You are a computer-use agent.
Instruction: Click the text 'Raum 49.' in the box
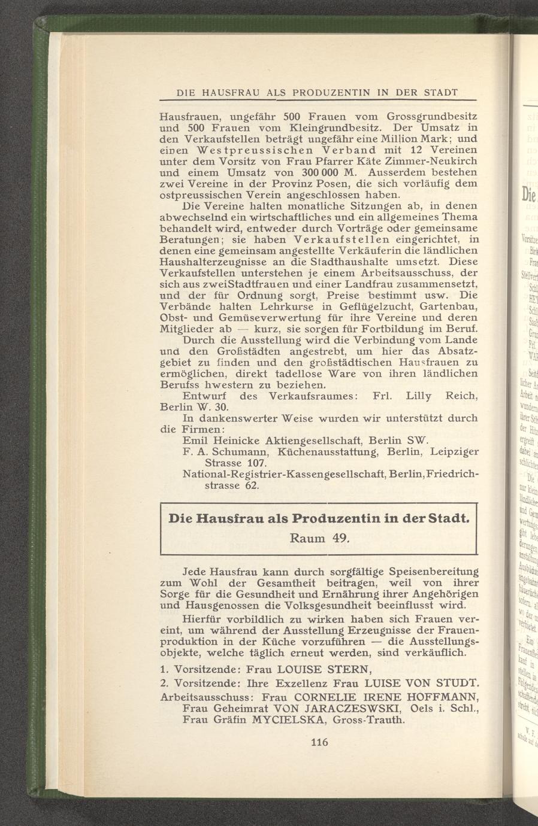(318, 537)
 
